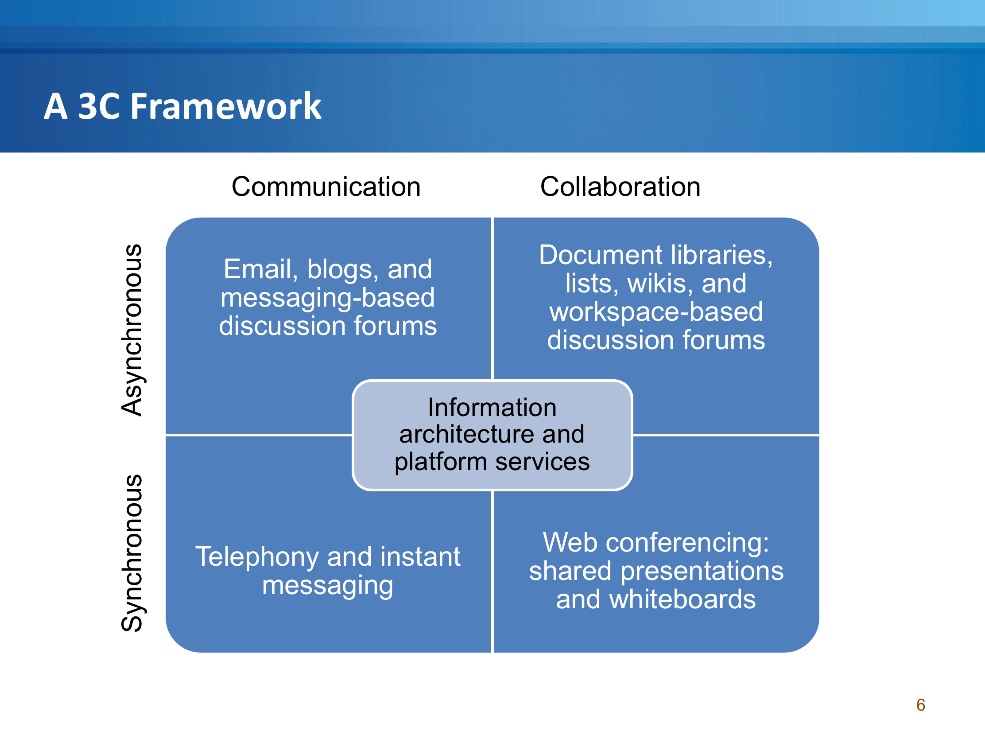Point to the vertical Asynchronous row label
tap(132, 330)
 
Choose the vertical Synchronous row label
tap(132, 553)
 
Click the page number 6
tap(921, 705)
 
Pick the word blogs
tap(343, 269)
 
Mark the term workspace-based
tap(656, 312)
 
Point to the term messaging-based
tap(328, 298)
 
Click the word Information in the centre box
tap(492, 407)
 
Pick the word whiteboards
tap(682, 599)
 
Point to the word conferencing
tap(687, 543)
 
